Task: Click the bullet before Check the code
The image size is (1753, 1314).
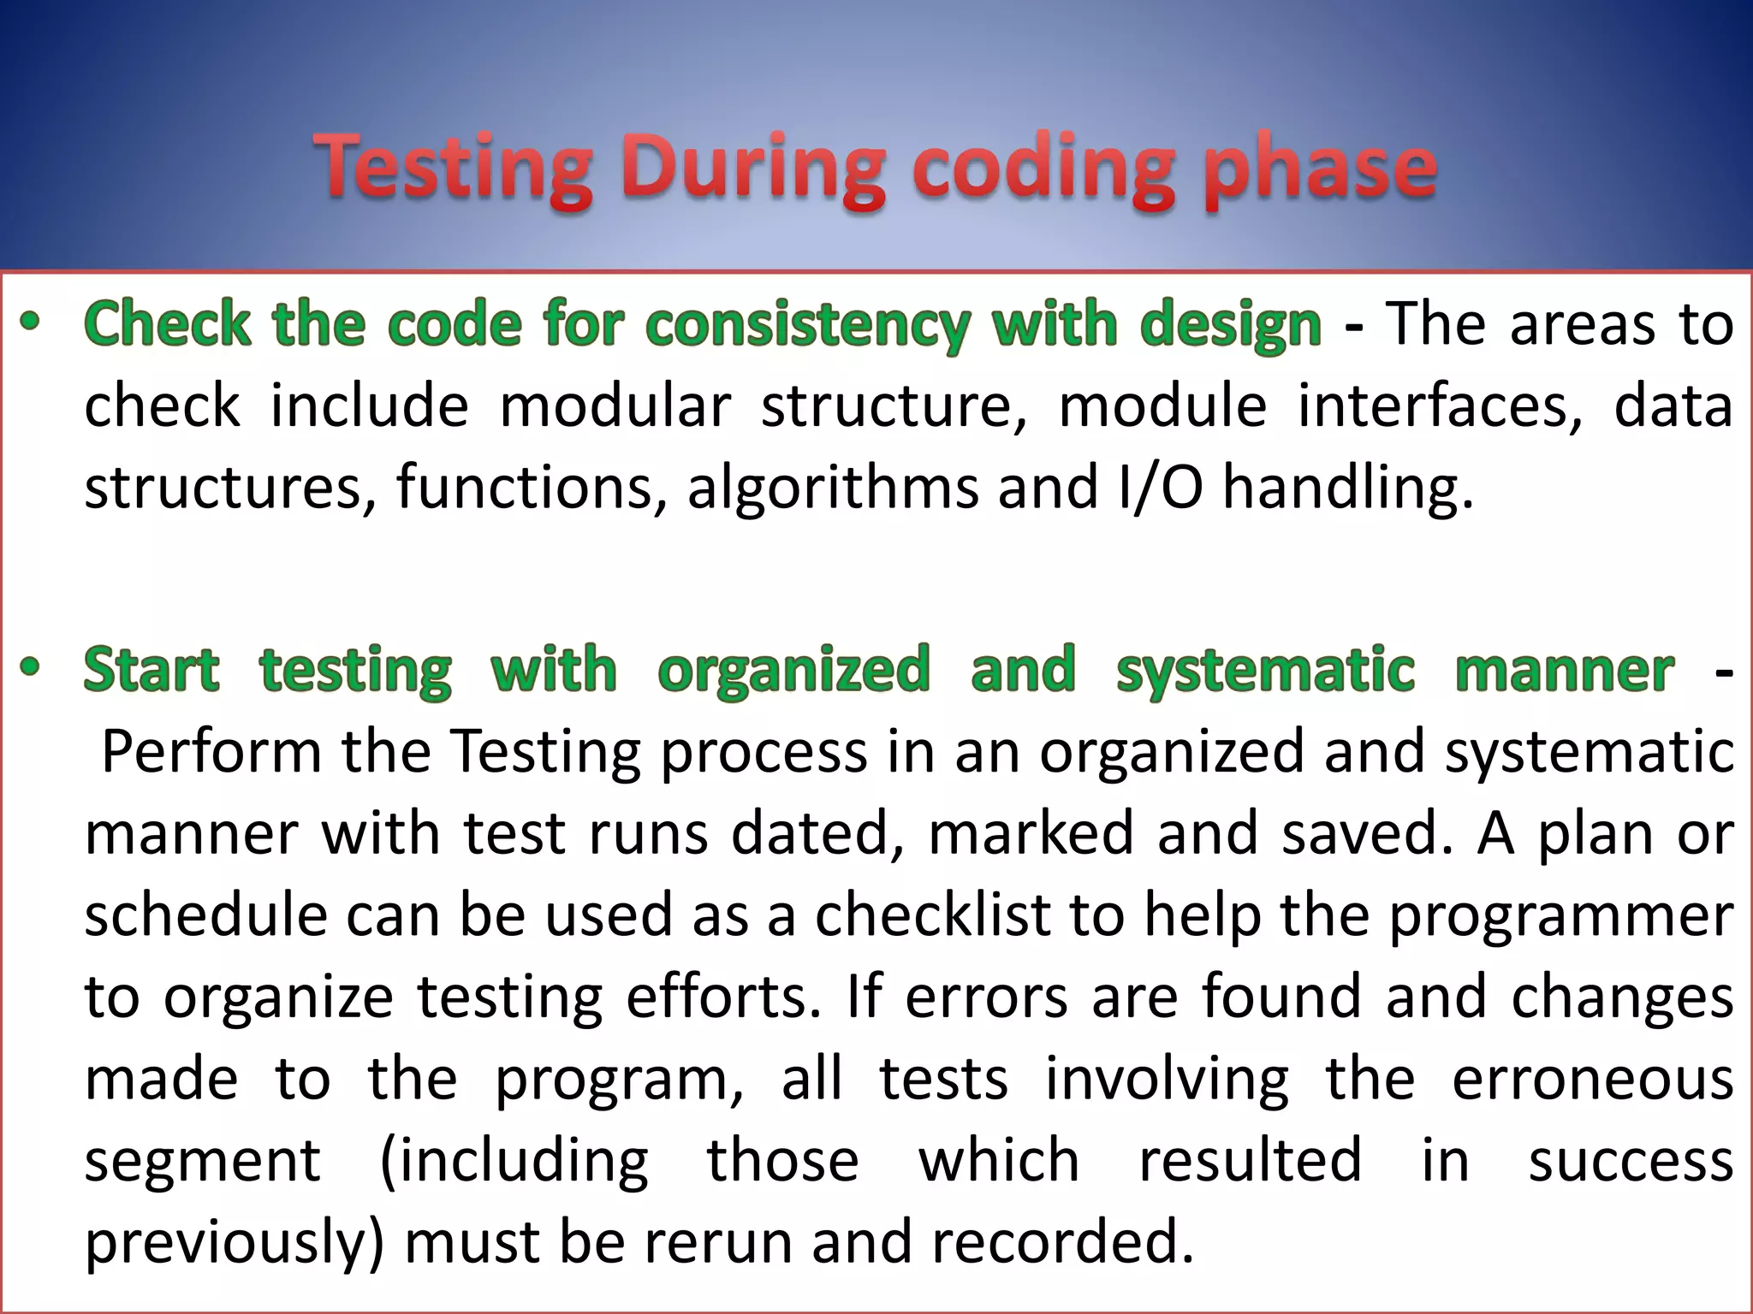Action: [x=31, y=322]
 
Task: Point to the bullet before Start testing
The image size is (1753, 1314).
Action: [x=31, y=666]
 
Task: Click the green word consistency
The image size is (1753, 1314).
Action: [x=808, y=325]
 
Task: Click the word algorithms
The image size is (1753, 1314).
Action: [x=832, y=488]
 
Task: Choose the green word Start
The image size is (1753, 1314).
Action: [x=152, y=669]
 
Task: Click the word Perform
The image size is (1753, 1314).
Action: [x=211, y=751]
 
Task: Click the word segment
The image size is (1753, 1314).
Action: [x=203, y=1162]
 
